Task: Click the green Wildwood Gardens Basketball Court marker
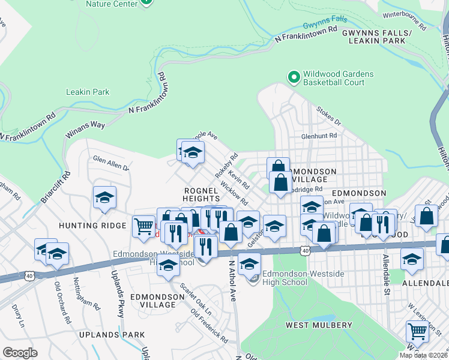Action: click(x=294, y=77)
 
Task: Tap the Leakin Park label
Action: click(x=88, y=92)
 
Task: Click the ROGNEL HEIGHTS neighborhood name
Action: click(x=202, y=194)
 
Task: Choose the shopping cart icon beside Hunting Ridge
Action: click(x=143, y=226)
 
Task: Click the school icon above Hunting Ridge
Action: click(x=104, y=197)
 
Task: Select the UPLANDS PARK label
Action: click(x=116, y=334)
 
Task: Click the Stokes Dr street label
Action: click(x=329, y=116)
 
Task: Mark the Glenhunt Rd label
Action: click(x=319, y=136)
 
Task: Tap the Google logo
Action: click(x=20, y=352)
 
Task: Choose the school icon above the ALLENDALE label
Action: click(x=412, y=259)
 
